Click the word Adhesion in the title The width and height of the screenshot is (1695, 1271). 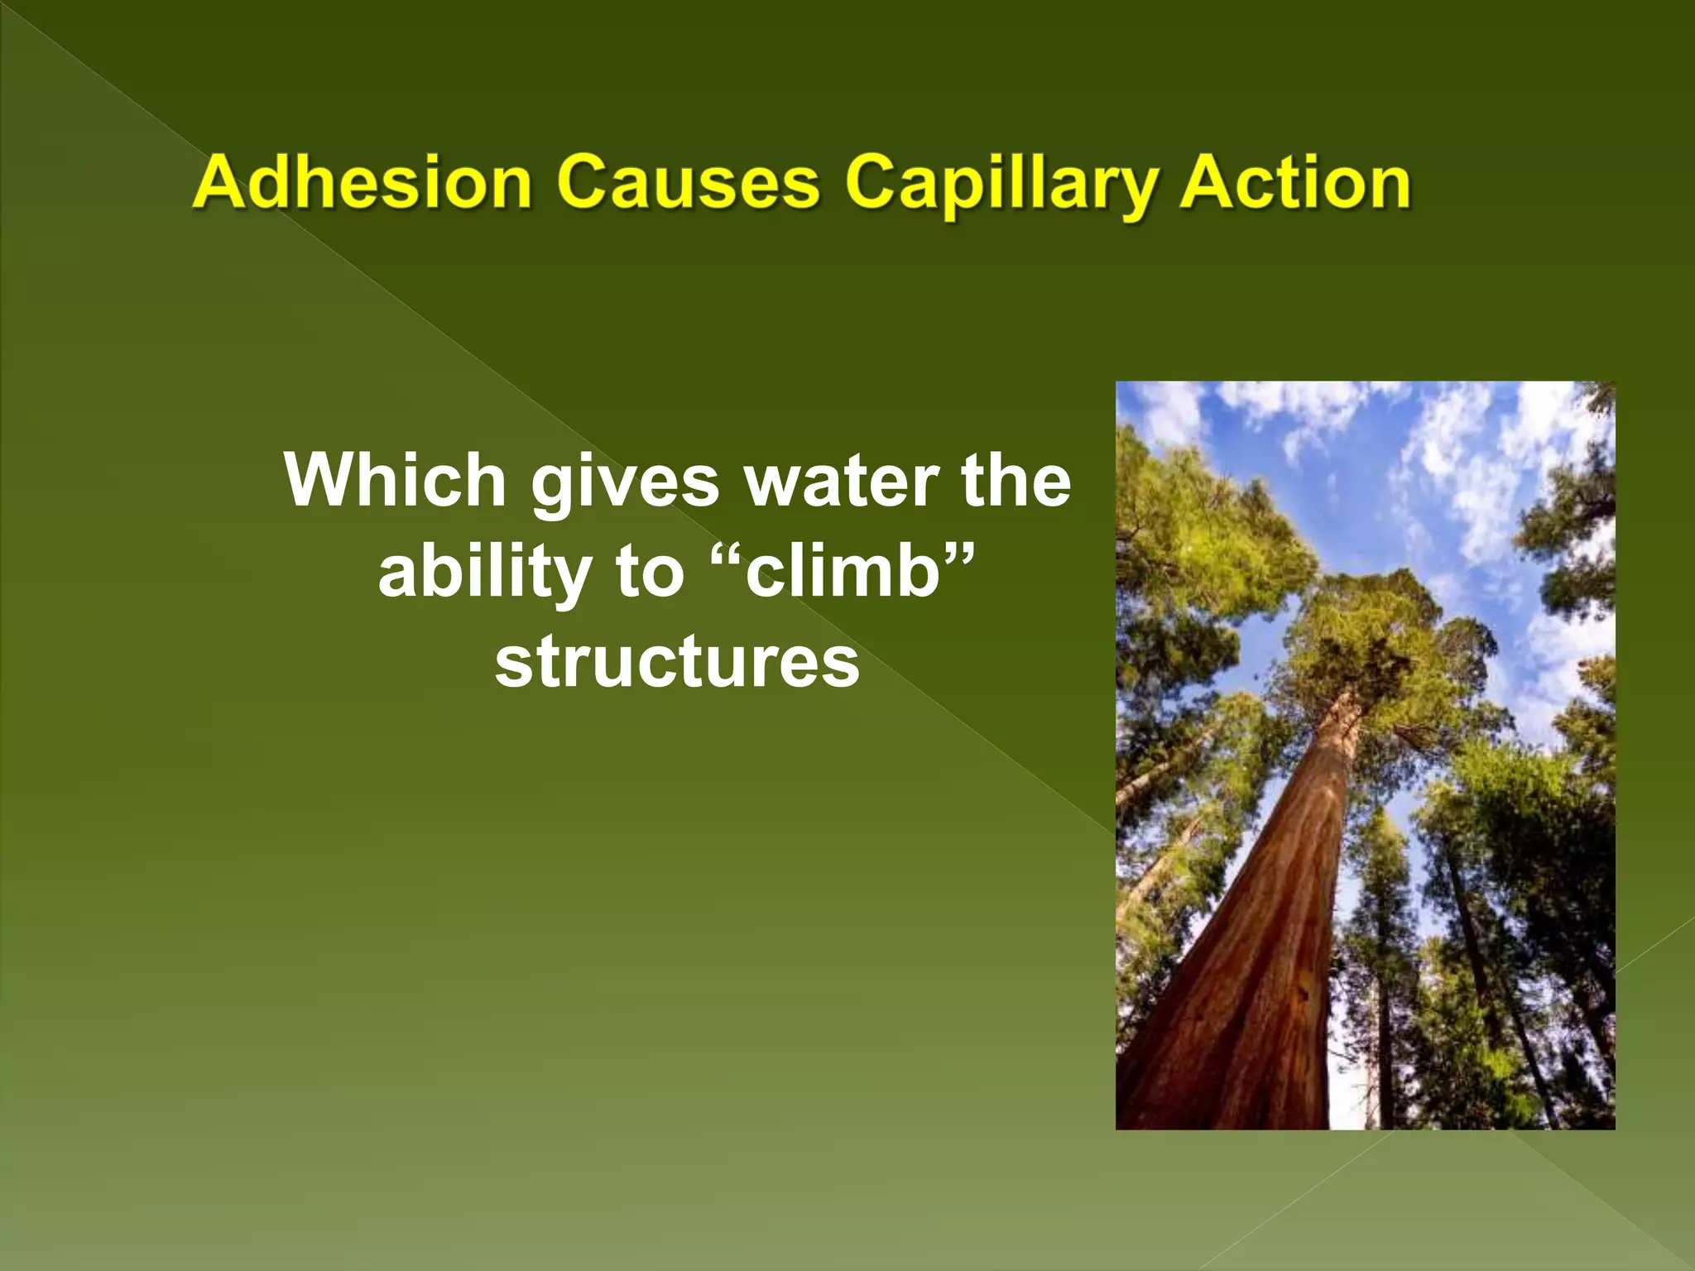(361, 183)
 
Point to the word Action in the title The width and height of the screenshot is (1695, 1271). (1295, 183)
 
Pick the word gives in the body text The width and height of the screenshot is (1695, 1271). (625, 482)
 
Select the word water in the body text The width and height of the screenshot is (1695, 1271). (840, 482)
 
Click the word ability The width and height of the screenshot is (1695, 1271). (484, 573)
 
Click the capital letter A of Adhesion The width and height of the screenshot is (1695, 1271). (218, 183)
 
